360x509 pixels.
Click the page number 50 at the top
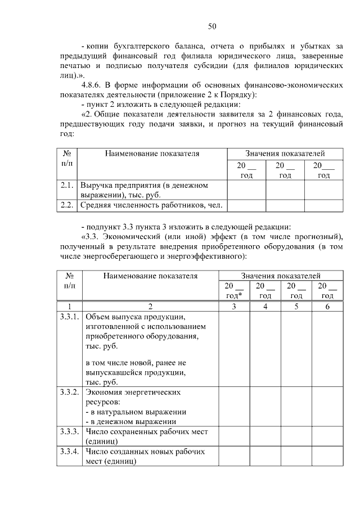click(212, 26)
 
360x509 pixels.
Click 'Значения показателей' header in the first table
click(285, 153)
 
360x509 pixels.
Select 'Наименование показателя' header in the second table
click(150, 276)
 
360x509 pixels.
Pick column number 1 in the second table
click(70, 307)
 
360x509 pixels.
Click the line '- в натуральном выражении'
click(136, 411)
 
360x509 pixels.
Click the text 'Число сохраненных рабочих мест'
click(147, 431)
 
